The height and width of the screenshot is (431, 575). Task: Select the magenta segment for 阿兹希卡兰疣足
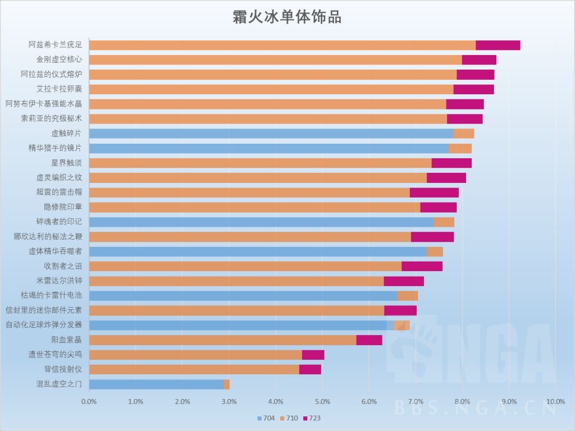[x=498, y=45]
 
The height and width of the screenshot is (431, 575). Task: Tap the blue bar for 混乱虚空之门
[x=156, y=384]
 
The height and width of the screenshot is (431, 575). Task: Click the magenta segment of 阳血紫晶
[x=369, y=340]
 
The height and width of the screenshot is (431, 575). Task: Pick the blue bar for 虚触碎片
[x=271, y=134]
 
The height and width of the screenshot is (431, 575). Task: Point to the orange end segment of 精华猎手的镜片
[x=460, y=148]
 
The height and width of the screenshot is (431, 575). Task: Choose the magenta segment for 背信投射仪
[x=310, y=369]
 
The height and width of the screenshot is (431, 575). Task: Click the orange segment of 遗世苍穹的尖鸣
[x=195, y=355]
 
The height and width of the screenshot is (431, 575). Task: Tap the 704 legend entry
[x=266, y=418]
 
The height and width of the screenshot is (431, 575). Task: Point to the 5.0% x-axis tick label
[x=322, y=402]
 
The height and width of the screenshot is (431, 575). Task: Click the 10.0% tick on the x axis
[x=555, y=402]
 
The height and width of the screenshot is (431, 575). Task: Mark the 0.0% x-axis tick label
[x=89, y=402]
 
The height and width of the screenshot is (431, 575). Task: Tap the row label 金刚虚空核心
[x=59, y=59]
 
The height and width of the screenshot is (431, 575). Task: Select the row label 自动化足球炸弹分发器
[x=44, y=325]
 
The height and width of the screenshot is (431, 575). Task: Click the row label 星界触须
[x=66, y=163]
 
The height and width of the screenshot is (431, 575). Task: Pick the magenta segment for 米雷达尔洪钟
[x=404, y=281]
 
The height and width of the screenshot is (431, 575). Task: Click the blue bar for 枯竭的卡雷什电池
[x=243, y=296]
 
